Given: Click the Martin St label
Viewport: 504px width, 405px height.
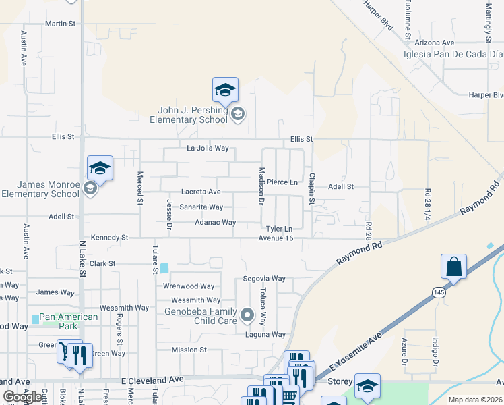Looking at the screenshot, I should point(60,24).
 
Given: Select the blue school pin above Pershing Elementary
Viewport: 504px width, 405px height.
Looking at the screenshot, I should point(226,90).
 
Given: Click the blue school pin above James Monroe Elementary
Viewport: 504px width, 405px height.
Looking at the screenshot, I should point(100,169).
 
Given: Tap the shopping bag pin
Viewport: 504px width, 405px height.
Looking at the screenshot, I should point(454,267).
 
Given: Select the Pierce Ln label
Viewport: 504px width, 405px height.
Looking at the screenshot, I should point(282,182).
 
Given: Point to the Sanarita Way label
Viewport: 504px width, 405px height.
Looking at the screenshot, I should point(201,207).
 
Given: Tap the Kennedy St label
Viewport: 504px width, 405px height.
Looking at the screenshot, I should point(109,238).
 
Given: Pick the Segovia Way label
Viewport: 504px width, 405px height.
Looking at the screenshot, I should point(265,279).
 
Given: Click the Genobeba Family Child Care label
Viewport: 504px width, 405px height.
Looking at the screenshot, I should point(201,316).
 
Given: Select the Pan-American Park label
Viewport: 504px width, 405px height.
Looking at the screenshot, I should point(69,321).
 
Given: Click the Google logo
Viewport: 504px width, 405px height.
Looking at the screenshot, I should point(23,397).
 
